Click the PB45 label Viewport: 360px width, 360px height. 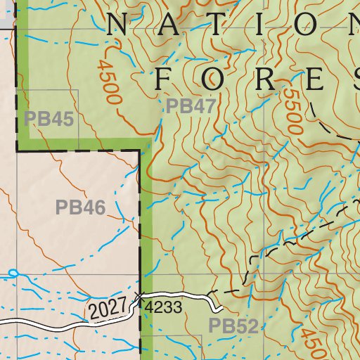(49, 118)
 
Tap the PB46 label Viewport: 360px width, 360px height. (80, 207)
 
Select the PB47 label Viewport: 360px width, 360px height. (191, 107)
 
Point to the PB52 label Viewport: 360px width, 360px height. (233, 326)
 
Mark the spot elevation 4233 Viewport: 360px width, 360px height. (163, 307)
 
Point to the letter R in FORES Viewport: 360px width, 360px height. (265, 79)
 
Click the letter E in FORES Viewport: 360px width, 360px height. (316, 79)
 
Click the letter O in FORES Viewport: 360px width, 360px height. (213, 79)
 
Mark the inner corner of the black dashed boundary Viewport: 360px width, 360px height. (141, 151)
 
